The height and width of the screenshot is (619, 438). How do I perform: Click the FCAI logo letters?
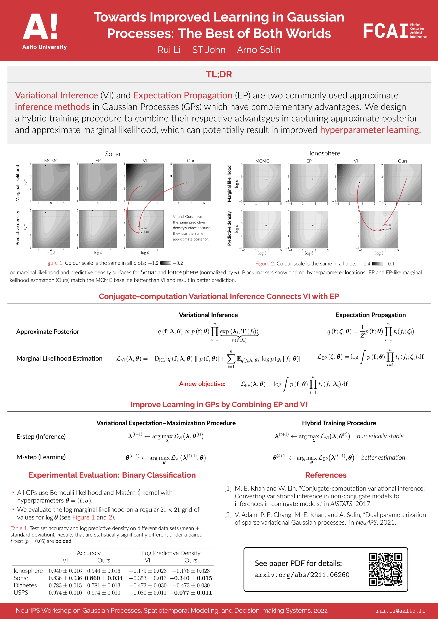(385, 31)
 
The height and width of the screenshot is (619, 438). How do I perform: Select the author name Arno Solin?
(258, 50)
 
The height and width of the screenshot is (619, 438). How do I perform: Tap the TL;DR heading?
(219, 74)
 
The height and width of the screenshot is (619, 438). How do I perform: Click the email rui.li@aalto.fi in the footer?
(400, 611)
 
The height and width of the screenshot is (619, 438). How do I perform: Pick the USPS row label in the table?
(21, 593)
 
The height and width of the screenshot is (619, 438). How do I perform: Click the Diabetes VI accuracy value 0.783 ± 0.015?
(65, 585)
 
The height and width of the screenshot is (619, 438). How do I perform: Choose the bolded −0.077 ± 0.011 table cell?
(191, 593)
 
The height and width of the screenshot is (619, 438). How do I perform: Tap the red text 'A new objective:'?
(202, 384)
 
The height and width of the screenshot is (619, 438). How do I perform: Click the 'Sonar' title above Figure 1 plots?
(113, 154)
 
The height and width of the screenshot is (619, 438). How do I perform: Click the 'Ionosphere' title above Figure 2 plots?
(325, 153)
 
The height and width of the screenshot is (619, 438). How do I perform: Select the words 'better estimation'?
(383, 458)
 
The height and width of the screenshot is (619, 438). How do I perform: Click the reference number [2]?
(228, 515)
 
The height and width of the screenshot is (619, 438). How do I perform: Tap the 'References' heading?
(326, 475)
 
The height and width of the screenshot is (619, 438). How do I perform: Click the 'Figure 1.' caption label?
(53, 263)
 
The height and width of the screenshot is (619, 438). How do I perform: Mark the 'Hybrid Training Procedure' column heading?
(339, 423)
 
